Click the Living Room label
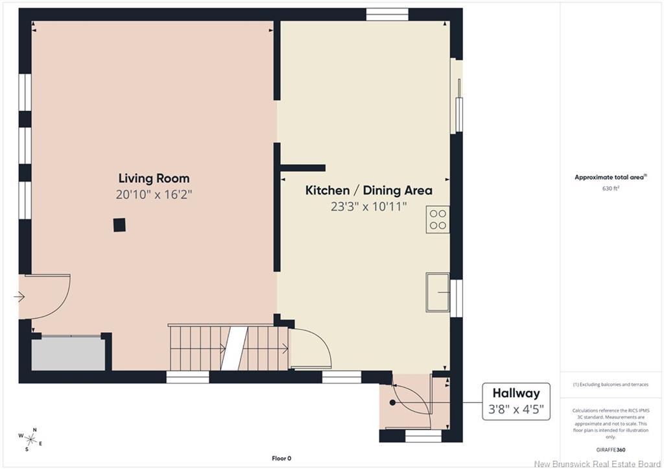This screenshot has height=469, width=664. point(154,178)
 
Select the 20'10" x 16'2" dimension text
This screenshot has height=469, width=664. point(154,195)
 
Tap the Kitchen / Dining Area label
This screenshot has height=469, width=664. point(369,190)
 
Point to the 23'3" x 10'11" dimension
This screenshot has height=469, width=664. point(369,206)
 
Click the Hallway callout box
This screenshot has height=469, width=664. point(516,402)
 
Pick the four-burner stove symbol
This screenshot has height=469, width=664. point(438,219)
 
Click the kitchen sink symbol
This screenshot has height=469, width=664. point(438,293)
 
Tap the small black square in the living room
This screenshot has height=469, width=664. point(119,224)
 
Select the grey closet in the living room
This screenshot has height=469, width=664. point(68,354)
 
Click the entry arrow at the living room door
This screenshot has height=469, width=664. point(19,297)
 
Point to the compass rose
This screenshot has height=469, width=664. point(30,439)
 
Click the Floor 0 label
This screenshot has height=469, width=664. point(281,458)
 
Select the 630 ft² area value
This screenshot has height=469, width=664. point(611,188)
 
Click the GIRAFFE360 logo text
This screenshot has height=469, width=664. point(611,450)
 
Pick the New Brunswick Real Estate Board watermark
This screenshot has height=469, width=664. point(597,464)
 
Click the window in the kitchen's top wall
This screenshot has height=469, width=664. point(387,15)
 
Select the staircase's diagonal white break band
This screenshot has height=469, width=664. point(233,348)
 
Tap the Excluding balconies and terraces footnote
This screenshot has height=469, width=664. point(611,385)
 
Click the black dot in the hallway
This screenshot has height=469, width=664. point(392,402)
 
